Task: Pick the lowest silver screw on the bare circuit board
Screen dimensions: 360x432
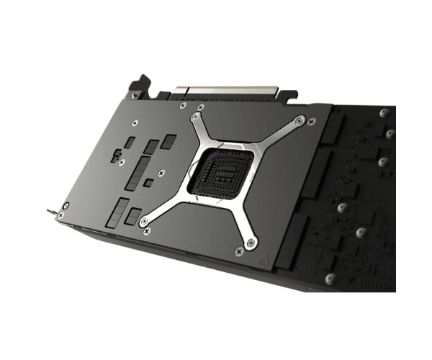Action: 329,277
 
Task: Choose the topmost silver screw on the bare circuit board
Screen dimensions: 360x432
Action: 384,113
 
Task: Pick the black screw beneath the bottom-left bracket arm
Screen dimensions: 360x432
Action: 147,232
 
